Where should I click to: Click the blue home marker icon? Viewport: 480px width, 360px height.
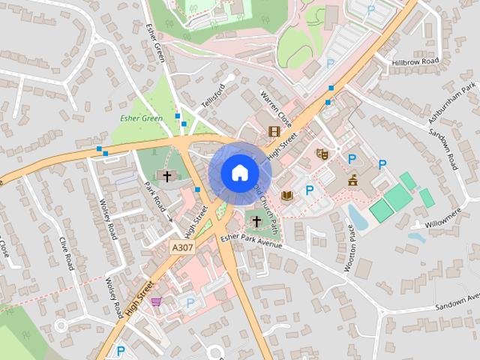coord(239,172)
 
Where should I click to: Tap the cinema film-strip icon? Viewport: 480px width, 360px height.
coord(274,131)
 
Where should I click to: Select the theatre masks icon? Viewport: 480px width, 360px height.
coord(322,154)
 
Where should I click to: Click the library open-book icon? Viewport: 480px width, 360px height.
coord(286,196)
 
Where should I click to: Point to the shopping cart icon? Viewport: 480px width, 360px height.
coord(155,301)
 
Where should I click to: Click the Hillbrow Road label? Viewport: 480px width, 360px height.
coord(415,61)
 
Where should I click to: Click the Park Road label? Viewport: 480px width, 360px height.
coord(154,193)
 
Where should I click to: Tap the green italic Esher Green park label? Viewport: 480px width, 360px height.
coord(141,118)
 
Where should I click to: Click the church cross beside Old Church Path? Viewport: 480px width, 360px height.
coord(256,221)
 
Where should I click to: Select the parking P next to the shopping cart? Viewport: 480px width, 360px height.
coord(190,302)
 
